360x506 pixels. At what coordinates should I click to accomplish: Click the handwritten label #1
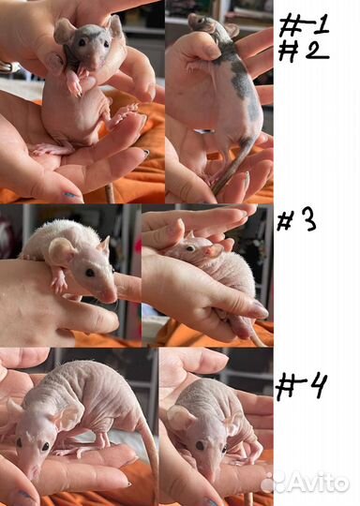[x=304, y=25]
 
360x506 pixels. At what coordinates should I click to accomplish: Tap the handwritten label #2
[x=303, y=51]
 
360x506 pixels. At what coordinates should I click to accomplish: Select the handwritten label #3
[x=296, y=221]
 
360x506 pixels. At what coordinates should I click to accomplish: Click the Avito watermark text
[x=320, y=484]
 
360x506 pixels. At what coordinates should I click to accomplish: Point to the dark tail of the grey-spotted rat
[x=232, y=164]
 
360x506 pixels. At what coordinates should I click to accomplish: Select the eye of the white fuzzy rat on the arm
[x=89, y=273]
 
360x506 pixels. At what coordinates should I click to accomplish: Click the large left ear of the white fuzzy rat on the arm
[x=61, y=251]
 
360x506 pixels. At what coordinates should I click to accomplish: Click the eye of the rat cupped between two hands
[x=191, y=248]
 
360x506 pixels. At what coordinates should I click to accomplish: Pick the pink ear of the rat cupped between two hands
[x=214, y=250]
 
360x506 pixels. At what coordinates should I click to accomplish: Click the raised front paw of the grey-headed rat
[x=75, y=84]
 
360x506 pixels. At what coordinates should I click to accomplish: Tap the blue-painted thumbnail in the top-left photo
[x=69, y=195]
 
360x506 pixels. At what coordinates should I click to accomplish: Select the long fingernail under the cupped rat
[x=260, y=310]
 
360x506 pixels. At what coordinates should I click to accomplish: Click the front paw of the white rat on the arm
[x=59, y=284]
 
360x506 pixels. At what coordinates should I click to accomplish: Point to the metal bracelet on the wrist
[x=7, y=67]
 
